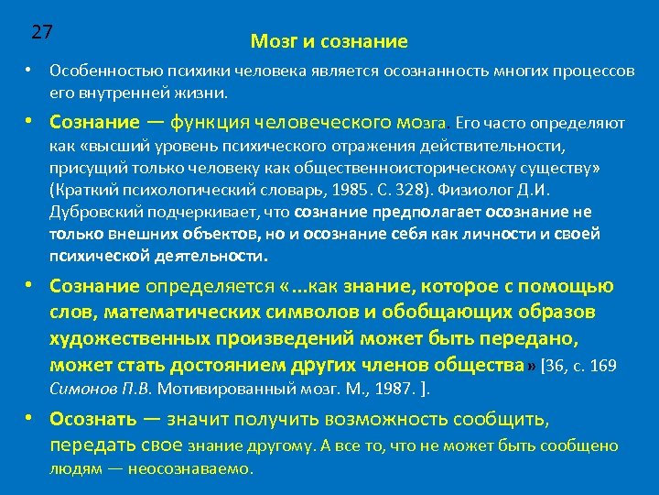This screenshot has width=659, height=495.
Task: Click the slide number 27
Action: click(x=41, y=31)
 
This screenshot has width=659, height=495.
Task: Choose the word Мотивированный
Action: click(x=215, y=388)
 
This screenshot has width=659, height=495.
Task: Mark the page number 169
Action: click(x=602, y=366)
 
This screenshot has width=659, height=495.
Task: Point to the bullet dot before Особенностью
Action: click(x=29, y=71)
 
